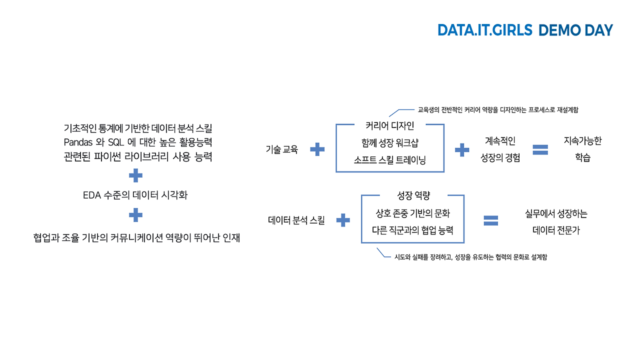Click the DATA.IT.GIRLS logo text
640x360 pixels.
coord(484,30)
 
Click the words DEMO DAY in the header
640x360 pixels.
coord(575,30)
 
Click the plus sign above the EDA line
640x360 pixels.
coord(135,175)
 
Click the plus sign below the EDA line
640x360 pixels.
coord(135,215)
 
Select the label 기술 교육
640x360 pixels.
coord(282,149)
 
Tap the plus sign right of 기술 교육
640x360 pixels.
coord(317,149)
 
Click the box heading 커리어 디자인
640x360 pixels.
coord(390,125)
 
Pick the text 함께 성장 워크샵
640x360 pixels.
coord(390,142)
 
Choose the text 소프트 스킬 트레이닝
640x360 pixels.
coord(390,160)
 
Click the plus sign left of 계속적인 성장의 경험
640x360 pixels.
coord(462,149)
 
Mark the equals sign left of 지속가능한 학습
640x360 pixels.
coord(540,149)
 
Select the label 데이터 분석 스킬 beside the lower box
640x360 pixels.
coord(296,220)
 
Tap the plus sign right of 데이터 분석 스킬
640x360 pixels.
coord(342,220)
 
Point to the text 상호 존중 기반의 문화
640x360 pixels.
coord(413,213)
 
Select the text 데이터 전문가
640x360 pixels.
coord(556,231)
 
